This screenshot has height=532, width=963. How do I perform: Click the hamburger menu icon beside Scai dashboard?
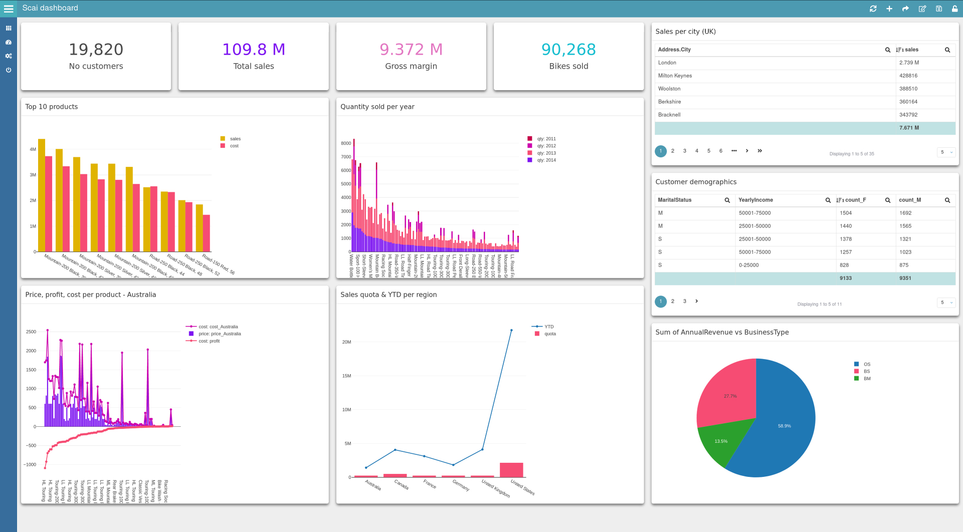point(9,9)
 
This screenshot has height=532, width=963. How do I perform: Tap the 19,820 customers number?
point(96,50)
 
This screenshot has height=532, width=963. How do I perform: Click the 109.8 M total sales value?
point(254,50)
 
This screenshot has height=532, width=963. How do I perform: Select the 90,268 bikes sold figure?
point(568,50)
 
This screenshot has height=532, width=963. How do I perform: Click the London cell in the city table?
point(667,63)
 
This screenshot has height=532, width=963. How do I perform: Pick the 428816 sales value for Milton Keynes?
point(908,76)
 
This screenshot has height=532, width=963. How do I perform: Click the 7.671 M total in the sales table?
point(908,128)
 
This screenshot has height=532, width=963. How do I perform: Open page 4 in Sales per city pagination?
point(696,151)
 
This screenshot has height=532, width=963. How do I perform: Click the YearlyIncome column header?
point(755,200)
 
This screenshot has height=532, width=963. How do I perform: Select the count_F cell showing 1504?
point(846,213)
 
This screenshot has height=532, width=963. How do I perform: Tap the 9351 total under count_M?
point(905,278)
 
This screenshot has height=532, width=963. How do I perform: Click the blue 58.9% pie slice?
point(785,426)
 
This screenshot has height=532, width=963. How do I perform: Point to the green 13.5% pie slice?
point(721,441)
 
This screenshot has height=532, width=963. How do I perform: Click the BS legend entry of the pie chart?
point(866,372)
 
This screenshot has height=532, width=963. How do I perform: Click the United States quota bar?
point(511,470)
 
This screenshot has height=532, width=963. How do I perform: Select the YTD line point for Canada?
point(395,450)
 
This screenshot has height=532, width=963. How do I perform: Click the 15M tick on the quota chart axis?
point(346,376)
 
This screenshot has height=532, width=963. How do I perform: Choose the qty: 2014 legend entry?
point(546,160)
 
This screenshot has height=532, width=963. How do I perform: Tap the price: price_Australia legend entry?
point(219,334)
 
